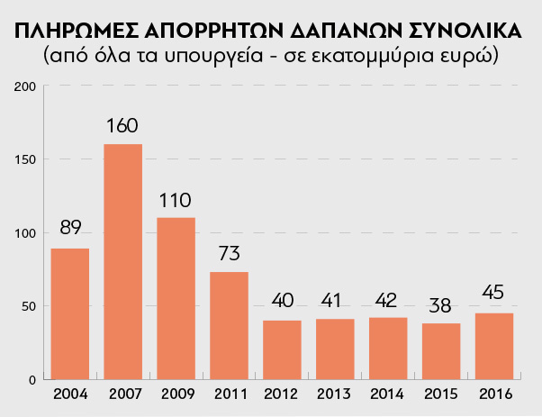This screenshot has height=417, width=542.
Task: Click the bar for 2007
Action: pos(122,261)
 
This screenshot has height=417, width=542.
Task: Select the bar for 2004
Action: pos(69,313)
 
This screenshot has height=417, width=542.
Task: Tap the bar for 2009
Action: pos(176,298)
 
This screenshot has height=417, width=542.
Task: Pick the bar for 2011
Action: pos(229,325)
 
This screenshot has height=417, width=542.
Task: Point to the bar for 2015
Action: pos(441,351)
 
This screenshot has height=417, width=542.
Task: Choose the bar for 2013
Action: pos(335,349)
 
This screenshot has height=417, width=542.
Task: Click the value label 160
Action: pos(122,125)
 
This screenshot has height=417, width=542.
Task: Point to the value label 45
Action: pos(494,294)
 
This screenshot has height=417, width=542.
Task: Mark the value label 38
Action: pos(441,304)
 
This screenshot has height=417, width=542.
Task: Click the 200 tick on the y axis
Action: pos(25,86)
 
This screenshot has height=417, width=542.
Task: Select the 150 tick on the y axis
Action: pos(25,159)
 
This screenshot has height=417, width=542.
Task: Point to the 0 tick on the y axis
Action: pos(31,379)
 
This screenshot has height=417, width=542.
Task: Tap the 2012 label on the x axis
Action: pos(282,394)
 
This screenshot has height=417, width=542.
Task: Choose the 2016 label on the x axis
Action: pos(494,394)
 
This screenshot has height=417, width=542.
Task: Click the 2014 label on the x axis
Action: pos(388,394)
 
